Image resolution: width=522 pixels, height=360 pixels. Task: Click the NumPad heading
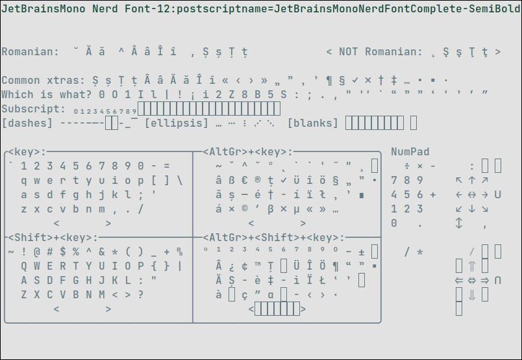[x=410, y=151]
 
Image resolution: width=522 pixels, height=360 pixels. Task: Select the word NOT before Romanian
[x=348, y=52]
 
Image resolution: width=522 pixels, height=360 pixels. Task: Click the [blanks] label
[x=313, y=123]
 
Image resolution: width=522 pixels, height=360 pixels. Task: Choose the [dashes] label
[x=27, y=123]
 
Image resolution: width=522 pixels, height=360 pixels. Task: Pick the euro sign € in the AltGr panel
[x=245, y=181]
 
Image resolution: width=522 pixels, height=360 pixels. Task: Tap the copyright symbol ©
[x=245, y=209]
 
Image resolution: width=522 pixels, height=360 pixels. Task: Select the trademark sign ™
[x=258, y=266]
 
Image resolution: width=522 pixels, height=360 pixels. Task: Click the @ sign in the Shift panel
[x=37, y=252]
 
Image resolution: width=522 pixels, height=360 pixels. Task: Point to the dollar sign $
[x=63, y=252]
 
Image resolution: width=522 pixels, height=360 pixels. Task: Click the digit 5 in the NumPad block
[x=407, y=194]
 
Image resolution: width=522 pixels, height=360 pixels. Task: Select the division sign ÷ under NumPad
[x=407, y=166]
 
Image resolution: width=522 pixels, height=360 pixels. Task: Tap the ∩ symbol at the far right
[x=498, y=280]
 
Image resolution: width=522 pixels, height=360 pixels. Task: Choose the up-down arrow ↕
[x=459, y=224]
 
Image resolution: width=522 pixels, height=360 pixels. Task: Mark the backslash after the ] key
[x=180, y=181]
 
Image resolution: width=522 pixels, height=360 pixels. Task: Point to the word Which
[x=18, y=95]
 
